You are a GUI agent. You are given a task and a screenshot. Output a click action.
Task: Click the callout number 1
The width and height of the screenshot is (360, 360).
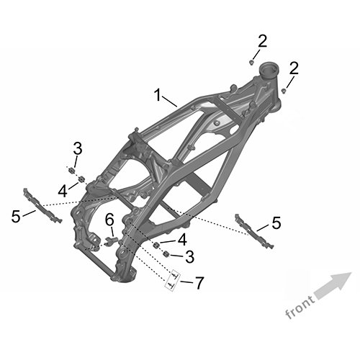(x=158, y=94)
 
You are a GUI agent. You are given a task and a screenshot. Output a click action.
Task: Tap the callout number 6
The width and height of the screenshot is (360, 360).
(x=109, y=220)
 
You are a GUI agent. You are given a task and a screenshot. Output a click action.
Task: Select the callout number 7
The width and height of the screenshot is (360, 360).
(x=199, y=283)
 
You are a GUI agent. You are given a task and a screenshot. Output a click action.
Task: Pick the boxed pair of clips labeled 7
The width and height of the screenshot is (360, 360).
(x=173, y=281)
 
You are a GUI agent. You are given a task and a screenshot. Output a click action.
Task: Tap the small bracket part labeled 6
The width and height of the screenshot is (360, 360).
(x=112, y=241)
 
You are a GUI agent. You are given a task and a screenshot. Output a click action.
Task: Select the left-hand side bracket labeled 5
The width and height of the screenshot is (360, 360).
(x=42, y=207)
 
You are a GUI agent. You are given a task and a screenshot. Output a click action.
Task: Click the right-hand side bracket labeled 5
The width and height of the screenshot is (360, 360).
(x=254, y=231)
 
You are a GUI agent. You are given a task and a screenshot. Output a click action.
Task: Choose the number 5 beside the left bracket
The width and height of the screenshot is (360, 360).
(x=16, y=216)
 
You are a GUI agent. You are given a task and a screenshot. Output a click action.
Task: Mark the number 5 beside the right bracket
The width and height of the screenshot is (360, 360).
(x=276, y=222)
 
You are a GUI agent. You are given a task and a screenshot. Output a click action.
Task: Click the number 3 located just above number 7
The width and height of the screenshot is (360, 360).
(x=189, y=256)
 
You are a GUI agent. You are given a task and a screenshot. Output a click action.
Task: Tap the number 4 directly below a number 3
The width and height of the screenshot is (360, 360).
(x=63, y=192)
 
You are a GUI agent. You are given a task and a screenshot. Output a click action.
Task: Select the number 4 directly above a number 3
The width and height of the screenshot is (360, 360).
(x=181, y=239)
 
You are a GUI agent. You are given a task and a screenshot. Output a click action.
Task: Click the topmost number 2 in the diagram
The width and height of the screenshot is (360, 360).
(x=262, y=41)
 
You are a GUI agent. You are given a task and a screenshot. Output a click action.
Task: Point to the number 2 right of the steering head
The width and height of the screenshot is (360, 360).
(x=294, y=68)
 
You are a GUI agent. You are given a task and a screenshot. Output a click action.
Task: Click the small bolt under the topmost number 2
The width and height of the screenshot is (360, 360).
(x=251, y=63)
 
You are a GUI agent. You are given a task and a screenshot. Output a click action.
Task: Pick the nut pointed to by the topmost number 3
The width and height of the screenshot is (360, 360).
(x=71, y=171)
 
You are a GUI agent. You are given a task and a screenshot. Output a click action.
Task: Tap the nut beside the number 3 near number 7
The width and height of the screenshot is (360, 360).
(x=166, y=253)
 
